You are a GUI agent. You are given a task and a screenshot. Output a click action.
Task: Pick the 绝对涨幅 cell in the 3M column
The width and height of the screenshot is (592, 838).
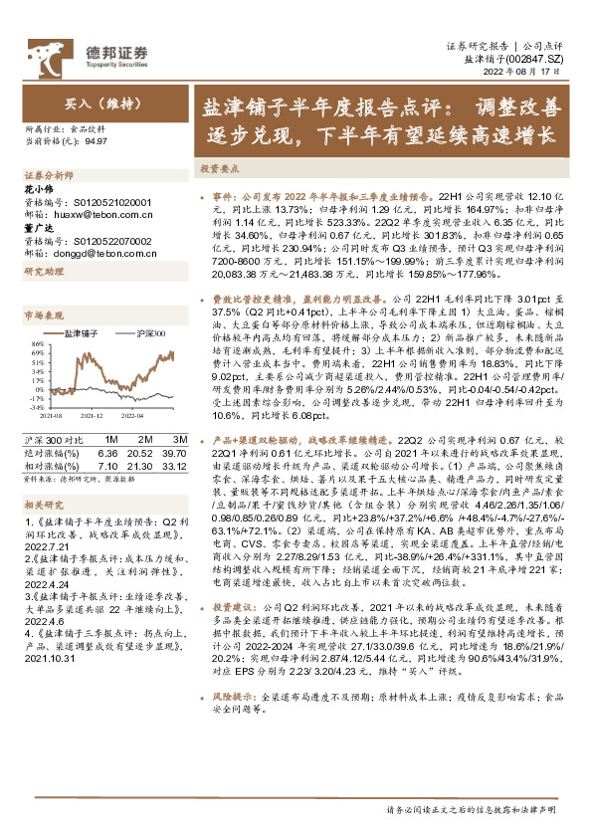tap(174, 452)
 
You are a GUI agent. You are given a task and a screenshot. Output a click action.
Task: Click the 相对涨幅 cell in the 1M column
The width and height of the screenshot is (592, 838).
tap(109, 465)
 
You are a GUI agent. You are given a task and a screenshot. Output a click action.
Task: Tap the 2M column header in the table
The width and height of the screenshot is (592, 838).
tap(145, 439)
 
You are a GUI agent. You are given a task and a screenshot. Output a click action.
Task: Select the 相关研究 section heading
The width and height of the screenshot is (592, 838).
tap(41, 506)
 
